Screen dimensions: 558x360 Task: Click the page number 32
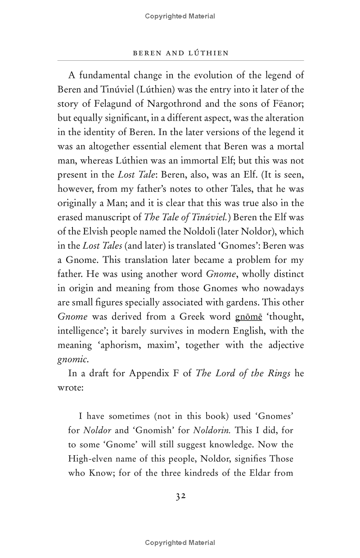(180, 496)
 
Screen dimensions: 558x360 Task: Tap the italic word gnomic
(70, 359)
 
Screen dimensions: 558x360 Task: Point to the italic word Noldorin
(212, 430)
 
